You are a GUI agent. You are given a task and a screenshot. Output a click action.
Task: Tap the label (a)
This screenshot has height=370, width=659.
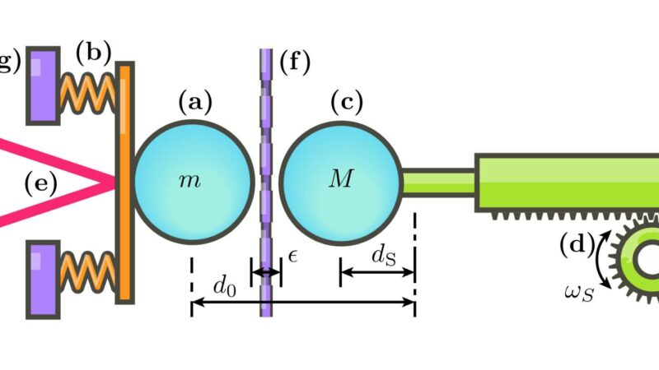coord(195,103)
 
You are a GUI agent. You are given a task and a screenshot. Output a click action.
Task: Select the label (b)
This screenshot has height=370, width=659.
coord(93,53)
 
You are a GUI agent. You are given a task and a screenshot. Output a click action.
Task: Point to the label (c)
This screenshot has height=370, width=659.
coord(346,103)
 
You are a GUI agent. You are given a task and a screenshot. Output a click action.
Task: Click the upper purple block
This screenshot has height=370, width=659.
coord(43,85)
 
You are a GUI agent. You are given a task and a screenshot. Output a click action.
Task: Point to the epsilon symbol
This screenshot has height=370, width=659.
coord(292,257)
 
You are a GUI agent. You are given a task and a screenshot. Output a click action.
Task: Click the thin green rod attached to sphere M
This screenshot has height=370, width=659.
coord(437,182)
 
